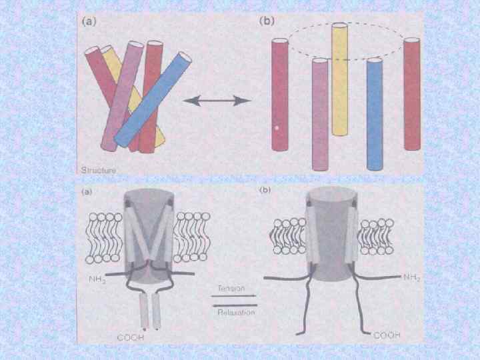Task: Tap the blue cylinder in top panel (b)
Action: coord(375,113)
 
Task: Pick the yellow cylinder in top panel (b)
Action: coord(340,80)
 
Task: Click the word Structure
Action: coord(98,171)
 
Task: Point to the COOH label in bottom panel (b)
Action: coord(387,335)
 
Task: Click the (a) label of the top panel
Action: coord(87,21)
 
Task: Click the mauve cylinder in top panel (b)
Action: coord(321,113)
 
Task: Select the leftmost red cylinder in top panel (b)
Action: coord(279,93)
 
